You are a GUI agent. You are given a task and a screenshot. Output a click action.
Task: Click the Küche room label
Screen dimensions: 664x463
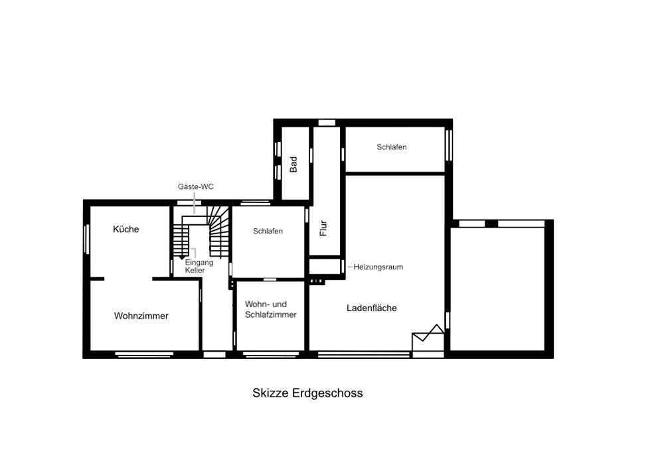(125, 229)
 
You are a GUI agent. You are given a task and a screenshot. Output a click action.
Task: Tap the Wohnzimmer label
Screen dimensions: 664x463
(141, 316)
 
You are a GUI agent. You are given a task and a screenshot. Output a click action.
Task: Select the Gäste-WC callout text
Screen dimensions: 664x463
(196, 186)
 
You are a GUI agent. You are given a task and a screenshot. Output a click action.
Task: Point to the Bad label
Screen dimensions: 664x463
(293, 165)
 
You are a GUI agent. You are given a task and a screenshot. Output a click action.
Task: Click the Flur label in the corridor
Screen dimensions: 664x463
(323, 228)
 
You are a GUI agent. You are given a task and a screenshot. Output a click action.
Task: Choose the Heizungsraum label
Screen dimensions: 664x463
(378, 267)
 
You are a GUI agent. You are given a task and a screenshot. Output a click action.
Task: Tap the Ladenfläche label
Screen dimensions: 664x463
(371, 308)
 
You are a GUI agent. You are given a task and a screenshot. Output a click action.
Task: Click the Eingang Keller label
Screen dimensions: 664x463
(199, 266)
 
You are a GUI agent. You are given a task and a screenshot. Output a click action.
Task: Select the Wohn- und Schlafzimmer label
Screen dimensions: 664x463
(271, 309)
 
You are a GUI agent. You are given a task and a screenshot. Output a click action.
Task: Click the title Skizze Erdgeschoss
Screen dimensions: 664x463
(307, 393)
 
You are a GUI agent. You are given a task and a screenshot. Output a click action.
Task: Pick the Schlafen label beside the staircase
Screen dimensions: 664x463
(268, 231)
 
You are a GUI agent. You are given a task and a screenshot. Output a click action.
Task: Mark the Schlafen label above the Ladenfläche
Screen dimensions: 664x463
(392, 147)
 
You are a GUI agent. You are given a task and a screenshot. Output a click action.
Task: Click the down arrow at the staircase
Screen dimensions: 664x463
(182, 257)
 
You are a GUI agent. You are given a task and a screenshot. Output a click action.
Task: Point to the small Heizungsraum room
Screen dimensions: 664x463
(325, 266)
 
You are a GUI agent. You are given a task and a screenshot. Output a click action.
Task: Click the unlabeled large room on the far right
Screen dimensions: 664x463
(497, 289)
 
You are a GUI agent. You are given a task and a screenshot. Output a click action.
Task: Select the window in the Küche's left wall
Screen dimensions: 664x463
(87, 239)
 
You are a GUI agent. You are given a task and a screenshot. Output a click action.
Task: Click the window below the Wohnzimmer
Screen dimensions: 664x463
(144, 355)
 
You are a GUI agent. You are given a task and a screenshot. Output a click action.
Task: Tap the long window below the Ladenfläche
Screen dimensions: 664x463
(364, 355)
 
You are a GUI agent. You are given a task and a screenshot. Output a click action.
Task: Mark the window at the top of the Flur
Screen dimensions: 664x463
(327, 123)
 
